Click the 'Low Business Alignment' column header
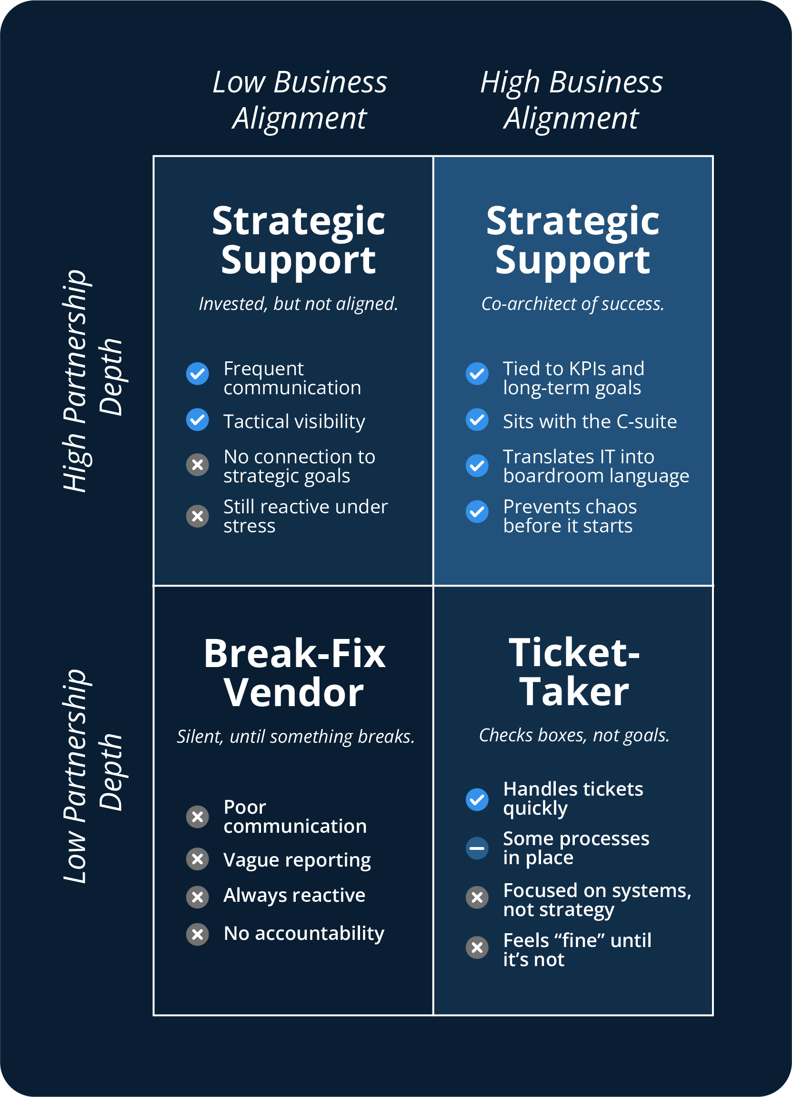(300, 100)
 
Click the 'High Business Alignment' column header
(571, 100)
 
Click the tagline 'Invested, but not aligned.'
(298, 304)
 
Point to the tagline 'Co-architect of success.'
(573, 304)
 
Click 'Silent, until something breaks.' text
(296, 736)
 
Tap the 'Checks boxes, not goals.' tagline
(574, 735)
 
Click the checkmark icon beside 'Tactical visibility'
(197, 419)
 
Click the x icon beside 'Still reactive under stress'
(197, 516)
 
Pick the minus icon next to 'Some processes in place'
(477, 848)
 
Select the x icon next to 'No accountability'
(197, 934)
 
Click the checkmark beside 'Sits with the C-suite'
(477, 419)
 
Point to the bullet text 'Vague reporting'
(297, 860)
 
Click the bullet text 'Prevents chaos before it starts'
(570, 516)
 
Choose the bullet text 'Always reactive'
(294, 895)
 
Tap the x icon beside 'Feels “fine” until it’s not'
(477, 947)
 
